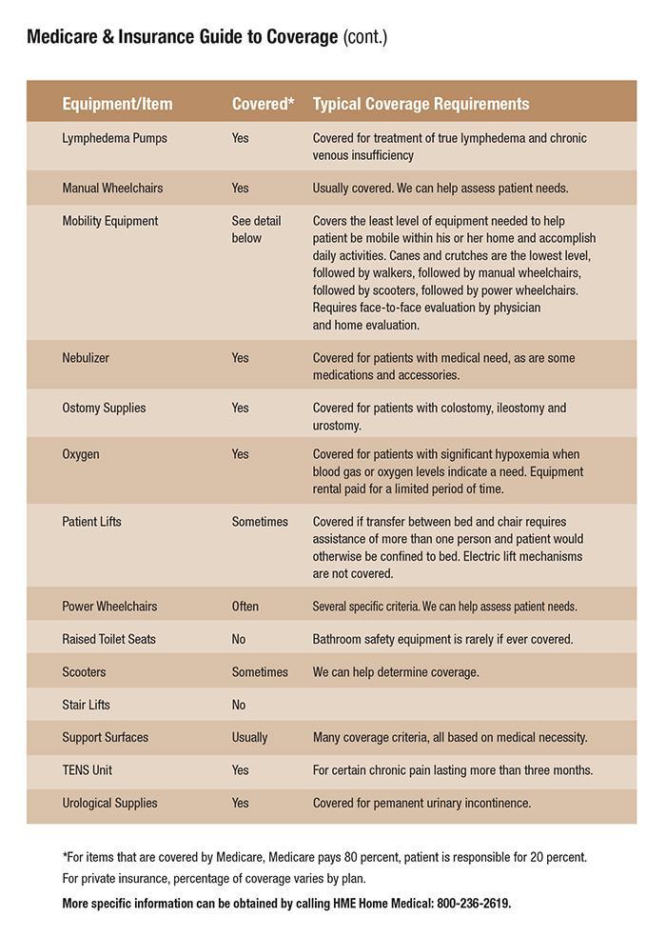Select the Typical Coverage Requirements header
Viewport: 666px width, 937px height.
tap(421, 104)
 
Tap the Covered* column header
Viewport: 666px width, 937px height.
tap(263, 104)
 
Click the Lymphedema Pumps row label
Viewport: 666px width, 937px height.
tap(114, 138)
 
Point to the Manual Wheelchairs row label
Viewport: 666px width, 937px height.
tap(112, 188)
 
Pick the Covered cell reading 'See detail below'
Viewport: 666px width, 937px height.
tap(248, 229)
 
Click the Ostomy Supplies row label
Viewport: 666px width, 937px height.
tap(104, 408)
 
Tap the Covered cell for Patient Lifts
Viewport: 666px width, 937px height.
tap(260, 522)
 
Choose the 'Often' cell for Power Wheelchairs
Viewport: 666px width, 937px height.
tap(245, 607)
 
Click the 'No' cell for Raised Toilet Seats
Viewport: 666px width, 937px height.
tap(239, 639)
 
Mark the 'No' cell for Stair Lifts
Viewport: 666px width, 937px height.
tap(239, 705)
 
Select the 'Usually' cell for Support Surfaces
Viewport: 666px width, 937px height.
tap(249, 737)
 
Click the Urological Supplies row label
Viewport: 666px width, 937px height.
tap(109, 803)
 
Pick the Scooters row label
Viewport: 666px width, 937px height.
tap(84, 672)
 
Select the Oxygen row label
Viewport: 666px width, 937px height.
tap(81, 454)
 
